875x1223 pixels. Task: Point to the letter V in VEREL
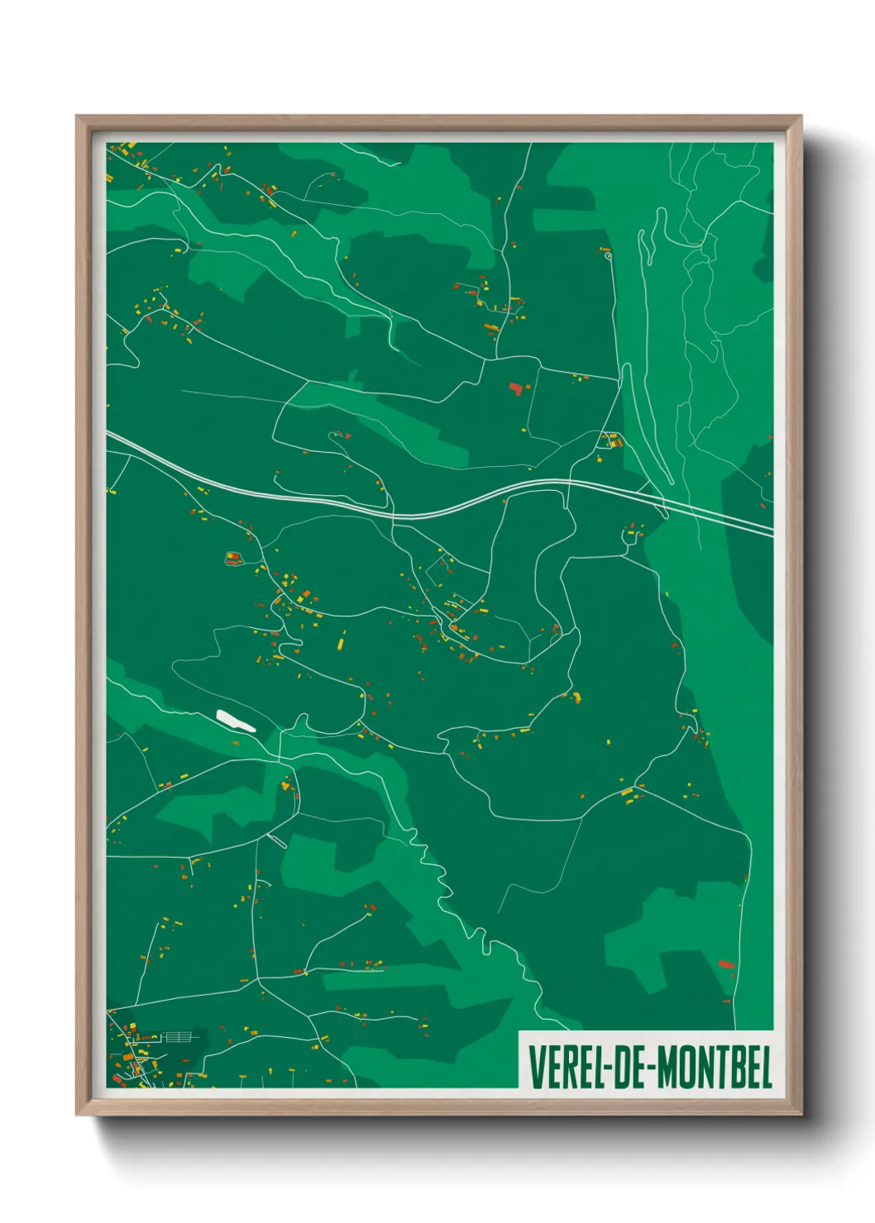pos(534,1067)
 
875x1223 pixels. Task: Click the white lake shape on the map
pos(236,721)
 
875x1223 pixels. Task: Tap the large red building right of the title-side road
pos(727,964)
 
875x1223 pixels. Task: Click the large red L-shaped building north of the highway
pos(518,387)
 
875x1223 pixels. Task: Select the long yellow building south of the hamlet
pos(341,641)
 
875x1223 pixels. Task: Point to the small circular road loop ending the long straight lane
pos(609,256)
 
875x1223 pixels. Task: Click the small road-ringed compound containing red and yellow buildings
pos(233,559)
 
